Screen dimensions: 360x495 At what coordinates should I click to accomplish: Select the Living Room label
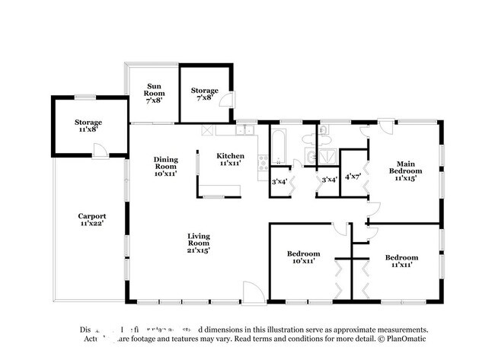tap(198, 243)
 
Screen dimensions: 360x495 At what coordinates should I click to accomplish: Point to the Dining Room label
tap(166, 166)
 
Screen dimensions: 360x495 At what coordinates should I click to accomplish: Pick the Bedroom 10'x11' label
tap(302, 256)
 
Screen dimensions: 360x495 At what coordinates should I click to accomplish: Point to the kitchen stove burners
tap(263, 162)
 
